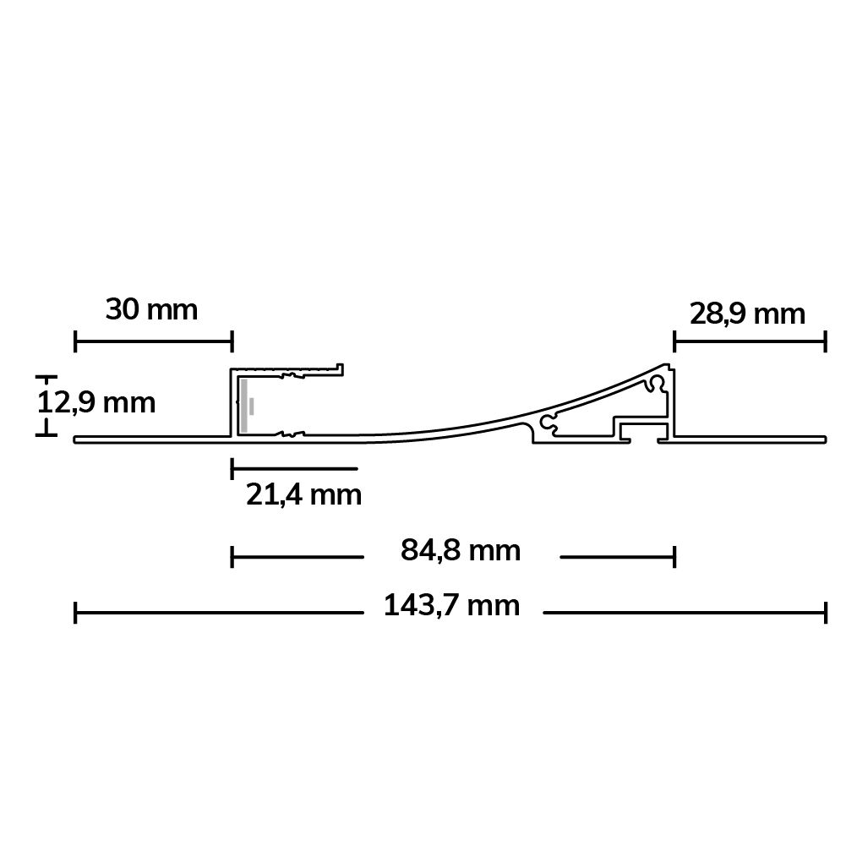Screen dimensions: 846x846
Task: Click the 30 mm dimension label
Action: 151,310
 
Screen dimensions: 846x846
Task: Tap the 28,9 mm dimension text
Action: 747,314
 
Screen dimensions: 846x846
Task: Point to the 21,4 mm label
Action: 303,494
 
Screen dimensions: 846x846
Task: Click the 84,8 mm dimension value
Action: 460,551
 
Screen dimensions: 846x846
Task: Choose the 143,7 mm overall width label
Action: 451,605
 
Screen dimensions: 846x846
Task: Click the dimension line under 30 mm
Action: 153,342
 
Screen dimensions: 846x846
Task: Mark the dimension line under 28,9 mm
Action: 749,342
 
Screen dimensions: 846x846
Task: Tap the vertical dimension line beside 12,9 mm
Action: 46,406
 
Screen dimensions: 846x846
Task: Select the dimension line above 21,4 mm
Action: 294,467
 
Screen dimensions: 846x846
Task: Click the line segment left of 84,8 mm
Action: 297,557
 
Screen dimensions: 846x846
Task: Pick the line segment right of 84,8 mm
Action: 617,557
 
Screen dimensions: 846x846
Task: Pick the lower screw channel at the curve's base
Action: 549,423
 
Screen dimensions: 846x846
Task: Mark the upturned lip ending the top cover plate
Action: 341,368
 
